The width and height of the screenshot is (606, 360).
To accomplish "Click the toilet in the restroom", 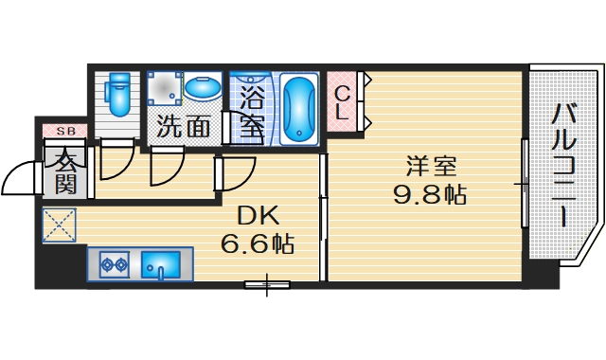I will coord(119,94).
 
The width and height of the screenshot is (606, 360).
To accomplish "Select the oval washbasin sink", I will coord(203,89).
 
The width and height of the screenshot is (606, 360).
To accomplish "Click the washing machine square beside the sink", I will coord(163,90).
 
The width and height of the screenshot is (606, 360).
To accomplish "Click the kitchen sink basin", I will coord(162,264).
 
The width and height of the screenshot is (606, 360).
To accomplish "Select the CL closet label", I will coord(343,101).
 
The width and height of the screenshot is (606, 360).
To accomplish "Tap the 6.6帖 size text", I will coord(257,243).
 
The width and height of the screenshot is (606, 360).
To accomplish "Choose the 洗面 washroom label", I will coord(184,126).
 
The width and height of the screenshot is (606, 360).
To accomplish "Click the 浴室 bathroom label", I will coord(252,112).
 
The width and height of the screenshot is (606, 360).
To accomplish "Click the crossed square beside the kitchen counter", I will coord(58,225).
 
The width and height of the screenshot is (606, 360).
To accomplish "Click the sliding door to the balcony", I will coord(524,180).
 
